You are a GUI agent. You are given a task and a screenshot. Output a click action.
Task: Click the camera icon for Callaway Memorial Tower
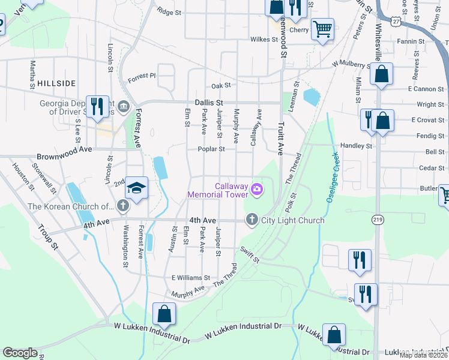click(257, 190)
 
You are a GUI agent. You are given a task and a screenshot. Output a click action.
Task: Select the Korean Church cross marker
click(123, 207)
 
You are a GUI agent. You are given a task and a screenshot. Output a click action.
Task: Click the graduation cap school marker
click(137, 188)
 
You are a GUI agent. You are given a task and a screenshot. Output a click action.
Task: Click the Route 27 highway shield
click(397, 21)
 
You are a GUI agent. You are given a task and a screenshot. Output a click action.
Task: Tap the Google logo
click(20, 353)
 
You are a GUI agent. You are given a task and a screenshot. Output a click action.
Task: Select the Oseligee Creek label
click(332, 178)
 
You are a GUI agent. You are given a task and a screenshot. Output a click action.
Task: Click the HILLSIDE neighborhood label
click(56, 83)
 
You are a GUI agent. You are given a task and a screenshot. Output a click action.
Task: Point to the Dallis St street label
click(208, 103)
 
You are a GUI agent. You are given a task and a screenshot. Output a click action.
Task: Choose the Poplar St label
click(212, 149)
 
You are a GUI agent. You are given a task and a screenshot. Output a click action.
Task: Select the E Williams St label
click(190, 278)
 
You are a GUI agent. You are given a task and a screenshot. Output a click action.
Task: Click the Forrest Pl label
click(141, 76)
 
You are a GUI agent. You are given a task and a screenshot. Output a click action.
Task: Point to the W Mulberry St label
click(352, 63)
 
